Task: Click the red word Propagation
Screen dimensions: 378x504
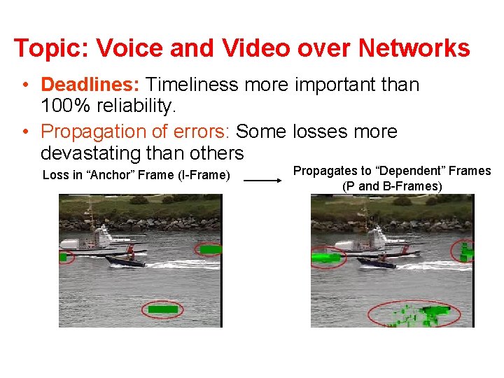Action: point(106,132)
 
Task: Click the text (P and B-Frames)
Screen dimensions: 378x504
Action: point(392,186)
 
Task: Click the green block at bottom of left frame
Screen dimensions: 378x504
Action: point(163,309)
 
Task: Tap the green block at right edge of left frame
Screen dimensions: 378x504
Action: point(209,248)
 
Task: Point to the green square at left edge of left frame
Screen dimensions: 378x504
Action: point(63,257)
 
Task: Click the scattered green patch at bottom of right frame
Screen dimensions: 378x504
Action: point(420,315)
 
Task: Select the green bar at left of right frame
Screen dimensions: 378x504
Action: point(325,258)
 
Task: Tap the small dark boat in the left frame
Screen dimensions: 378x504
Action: point(125,260)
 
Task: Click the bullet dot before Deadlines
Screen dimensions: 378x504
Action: point(24,85)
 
